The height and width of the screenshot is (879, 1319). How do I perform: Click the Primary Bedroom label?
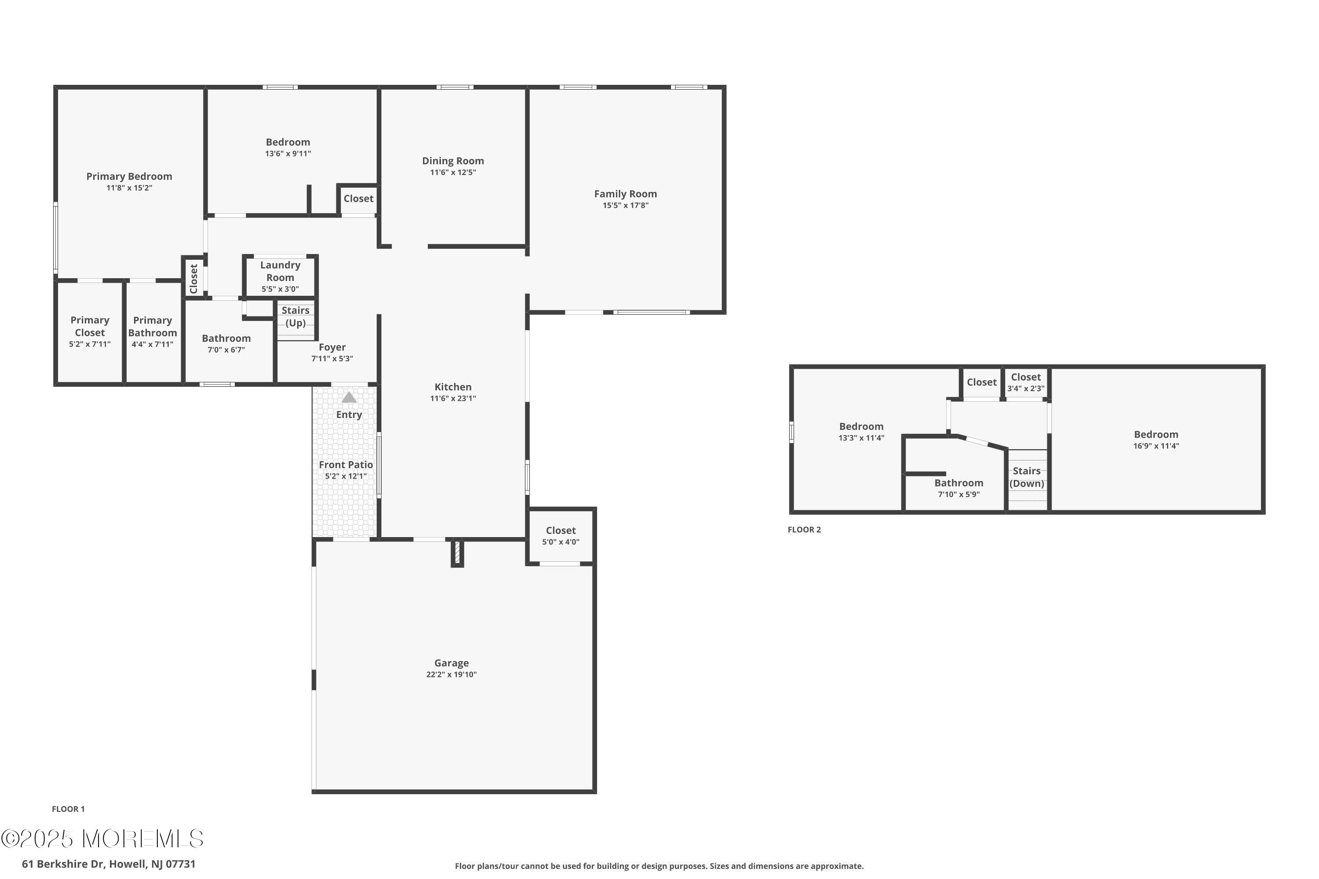click(x=129, y=176)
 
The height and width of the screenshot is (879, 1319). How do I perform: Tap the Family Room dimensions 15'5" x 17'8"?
click(x=625, y=205)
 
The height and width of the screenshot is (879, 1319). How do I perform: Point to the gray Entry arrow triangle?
click(x=349, y=397)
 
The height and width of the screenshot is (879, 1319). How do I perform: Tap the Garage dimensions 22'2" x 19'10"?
click(x=451, y=674)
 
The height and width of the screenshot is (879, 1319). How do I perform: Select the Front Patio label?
click(x=346, y=465)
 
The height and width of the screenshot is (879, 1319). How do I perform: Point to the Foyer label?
click(x=332, y=348)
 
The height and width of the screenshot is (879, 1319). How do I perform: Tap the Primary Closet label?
click(x=90, y=326)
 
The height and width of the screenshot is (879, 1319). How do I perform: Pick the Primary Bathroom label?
click(x=153, y=326)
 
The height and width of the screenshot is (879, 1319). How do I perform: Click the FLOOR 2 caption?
click(x=804, y=530)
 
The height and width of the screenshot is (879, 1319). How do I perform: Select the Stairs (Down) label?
click(x=1027, y=477)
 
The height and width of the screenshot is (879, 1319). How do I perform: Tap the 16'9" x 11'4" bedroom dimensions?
click(x=1156, y=446)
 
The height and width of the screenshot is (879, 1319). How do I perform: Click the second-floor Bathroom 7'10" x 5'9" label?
click(x=958, y=488)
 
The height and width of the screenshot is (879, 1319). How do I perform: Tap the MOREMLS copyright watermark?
click(x=102, y=839)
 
